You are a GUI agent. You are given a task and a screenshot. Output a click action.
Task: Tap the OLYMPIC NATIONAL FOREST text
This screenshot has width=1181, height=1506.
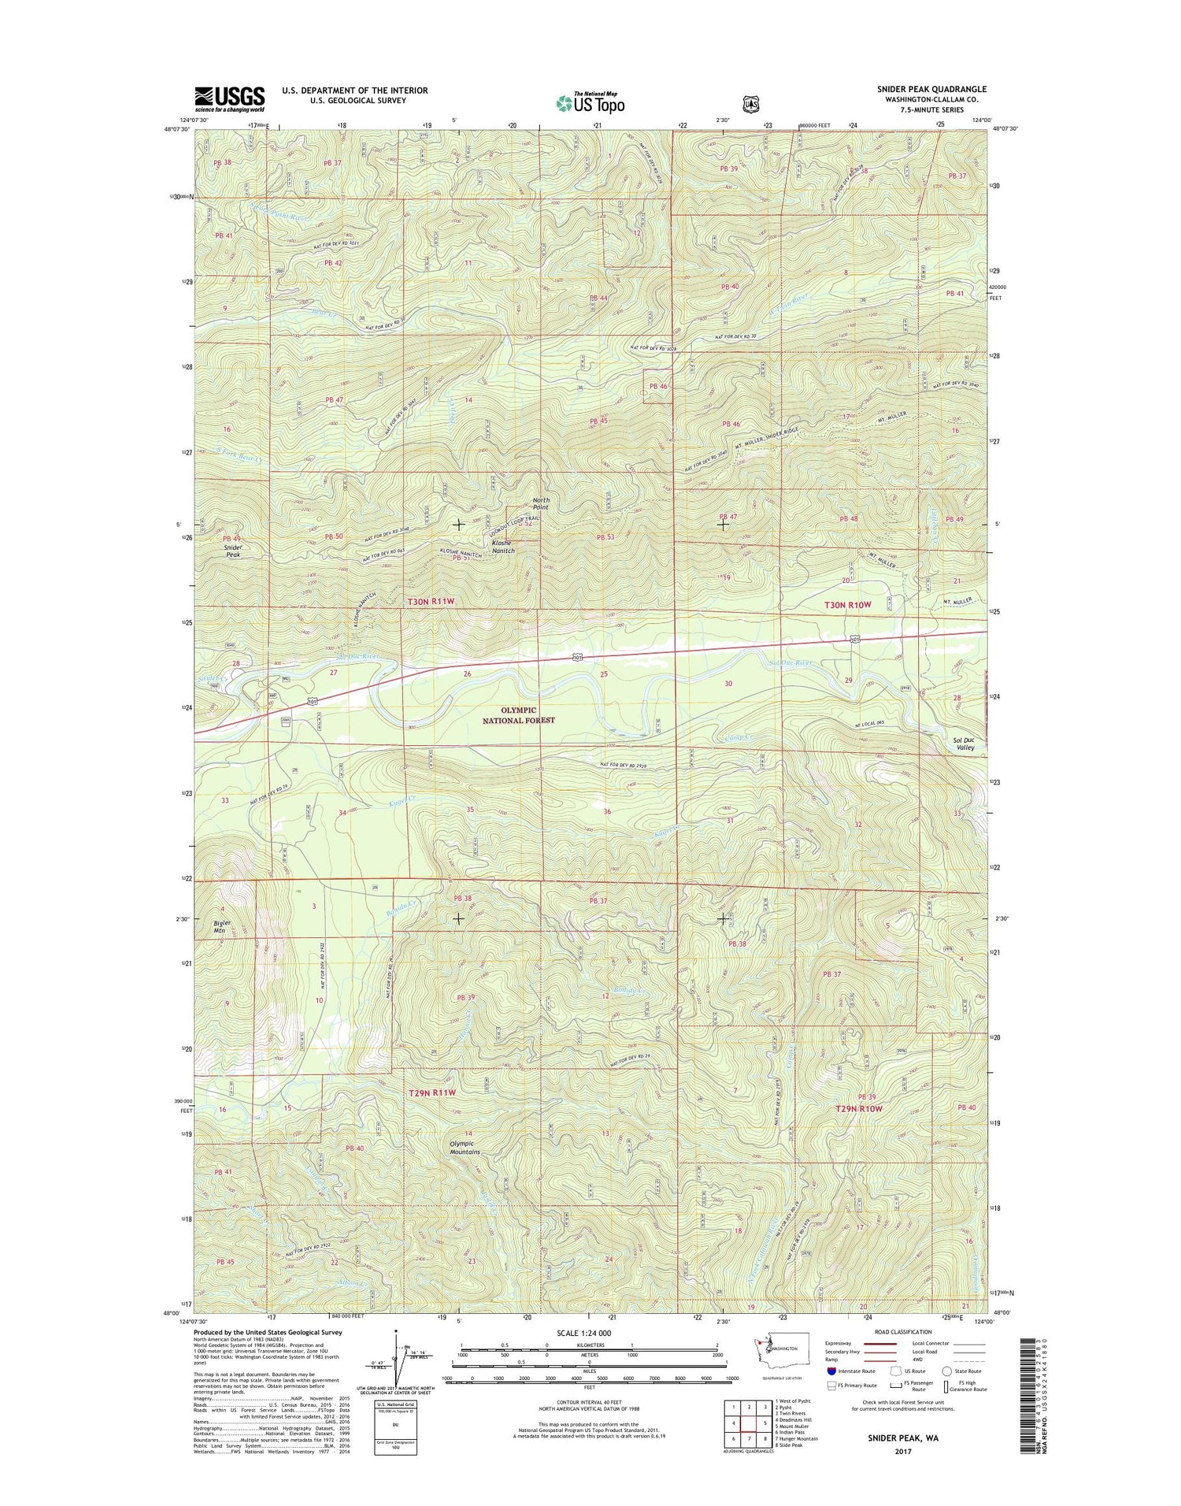(520, 714)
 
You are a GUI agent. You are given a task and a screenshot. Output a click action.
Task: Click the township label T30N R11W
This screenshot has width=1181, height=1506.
(431, 602)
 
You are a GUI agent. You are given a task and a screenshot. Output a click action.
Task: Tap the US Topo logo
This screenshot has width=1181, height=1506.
(590, 102)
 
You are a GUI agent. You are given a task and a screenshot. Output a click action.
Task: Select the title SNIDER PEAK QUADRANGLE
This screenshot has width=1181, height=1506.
(931, 89)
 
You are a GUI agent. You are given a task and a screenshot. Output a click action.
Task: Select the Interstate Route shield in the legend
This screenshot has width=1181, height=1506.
(832, 1371)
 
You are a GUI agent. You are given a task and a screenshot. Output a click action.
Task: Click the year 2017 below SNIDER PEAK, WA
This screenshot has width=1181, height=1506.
(902, 1452)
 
